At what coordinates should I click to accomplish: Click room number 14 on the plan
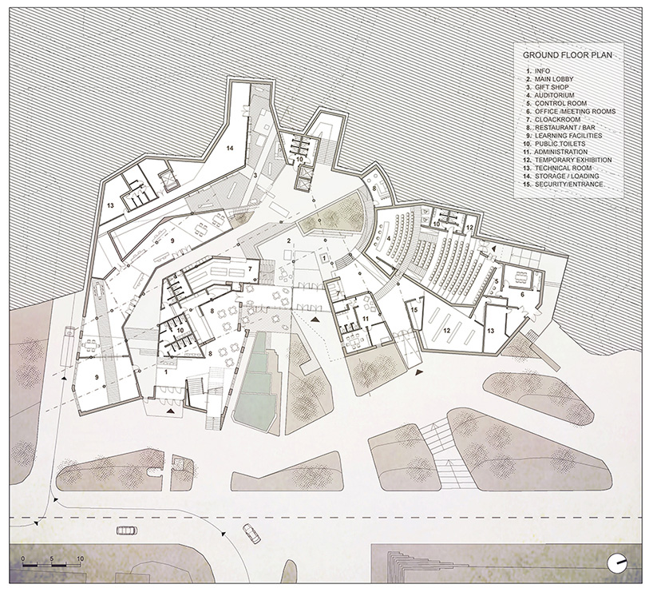pyautogui.click(x=229, y=149)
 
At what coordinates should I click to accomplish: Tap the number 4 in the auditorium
pyautogui.click(x=389, y=238)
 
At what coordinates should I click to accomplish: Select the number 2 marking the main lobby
pyautogui.click(x=288, y=240)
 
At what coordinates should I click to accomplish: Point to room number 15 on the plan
pyautogui.click(x=414, y=309)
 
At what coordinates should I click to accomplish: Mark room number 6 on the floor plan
pyautogui.click(x=523, y=294)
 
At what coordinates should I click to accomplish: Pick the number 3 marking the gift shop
pyautogui.click(x=255, y=174)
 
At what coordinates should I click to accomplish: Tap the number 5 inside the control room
pyautogui.click(x=496, y=282)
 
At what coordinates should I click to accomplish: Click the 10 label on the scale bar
pyautogui.click(x=80, y=557)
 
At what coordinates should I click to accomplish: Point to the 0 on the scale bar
pyautogui.click(x=24, y=557)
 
